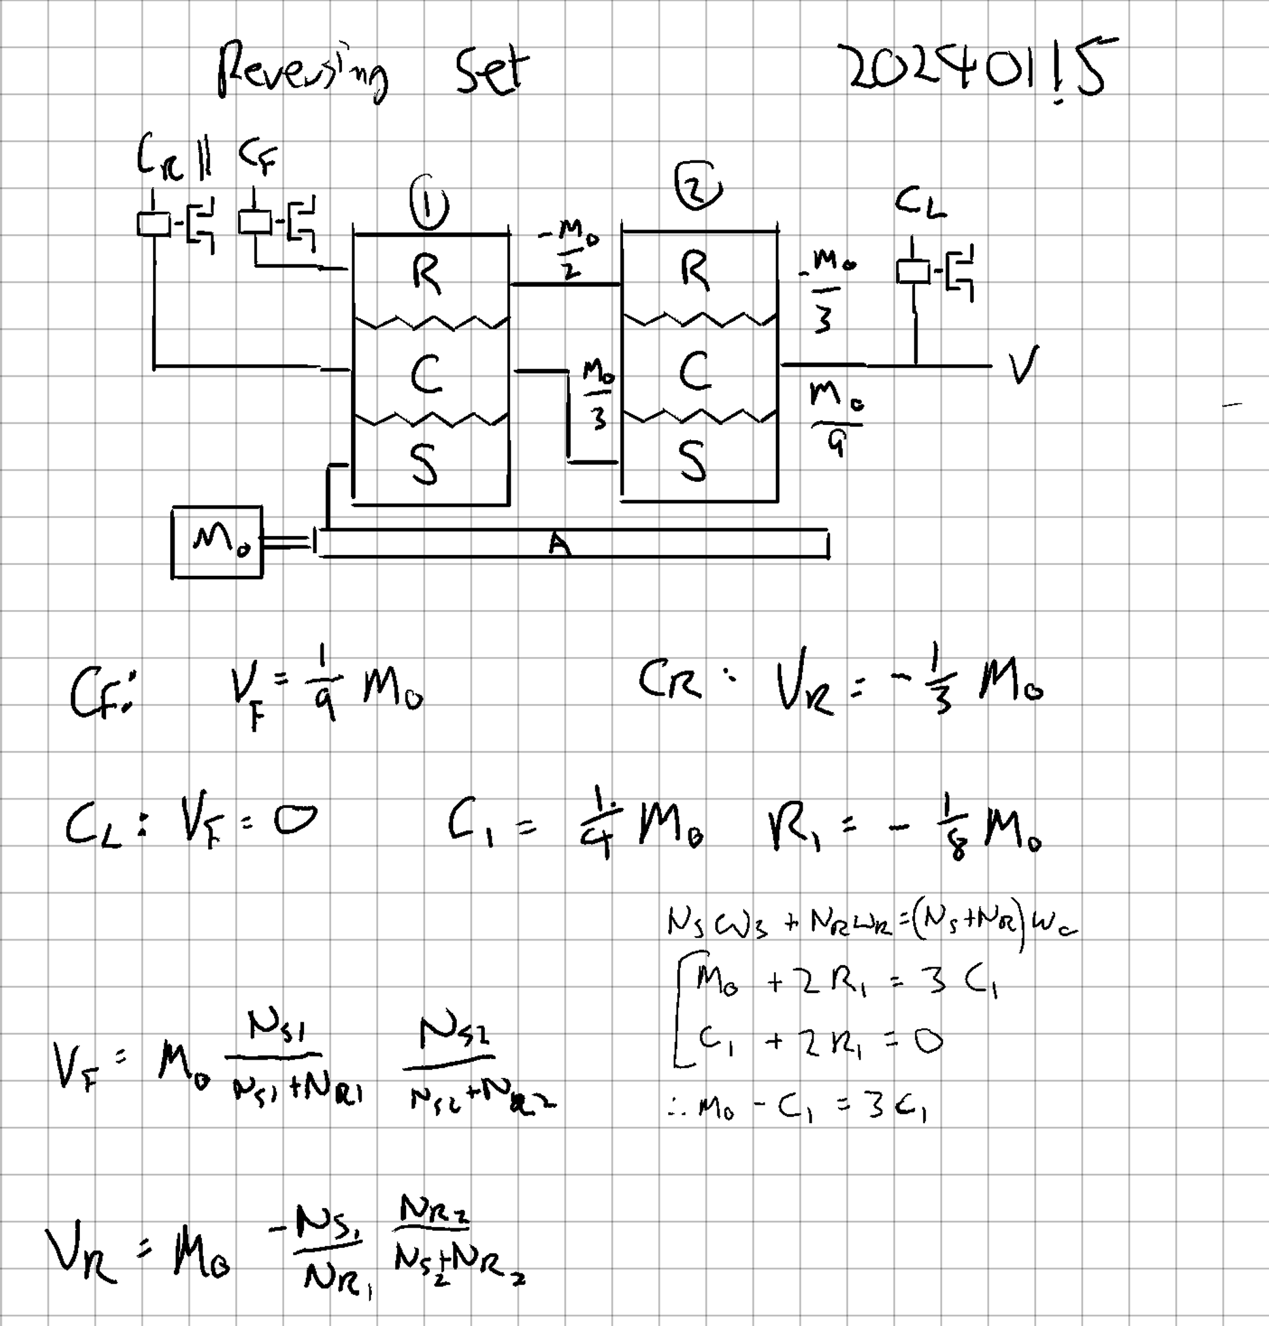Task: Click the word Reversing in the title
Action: [x=303, y=73]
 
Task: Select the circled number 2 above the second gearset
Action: [x=698, y=186]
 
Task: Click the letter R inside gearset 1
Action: [x=427, y=274]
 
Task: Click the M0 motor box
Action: [x=217, y=542]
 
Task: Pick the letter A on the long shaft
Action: [x=560, y=543]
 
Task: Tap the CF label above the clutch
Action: [x=257, y=157]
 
